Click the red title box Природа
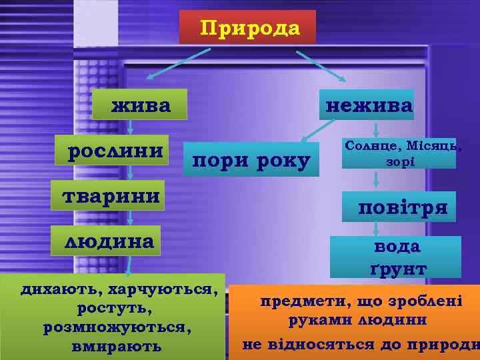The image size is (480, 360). pos(247,27)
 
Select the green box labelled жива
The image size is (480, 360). pos(141,105)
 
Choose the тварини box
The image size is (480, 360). pos(111,197)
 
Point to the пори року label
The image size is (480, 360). pos(251,161)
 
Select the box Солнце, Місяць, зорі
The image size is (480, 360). pos(399,153)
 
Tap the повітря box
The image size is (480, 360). pos(402,207)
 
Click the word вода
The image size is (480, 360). pos(397,247)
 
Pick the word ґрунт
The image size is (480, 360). pos(398,268)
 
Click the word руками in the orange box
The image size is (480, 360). pos(317,320)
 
